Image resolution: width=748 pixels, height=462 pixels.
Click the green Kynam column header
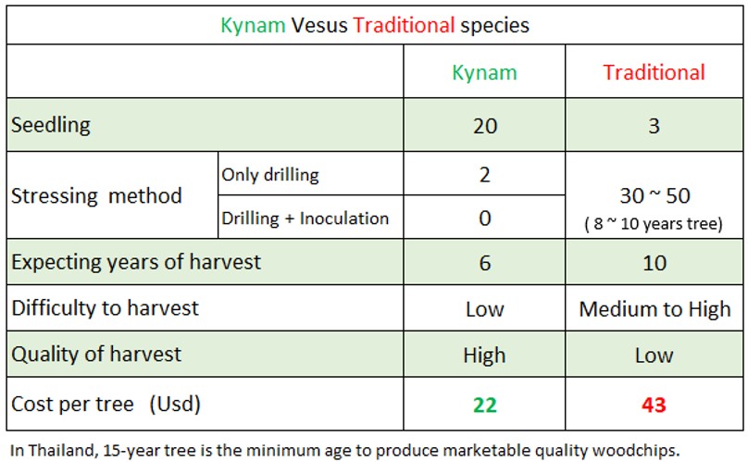click(484, 72)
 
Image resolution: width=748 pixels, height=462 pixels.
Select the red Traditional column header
click(654, 72)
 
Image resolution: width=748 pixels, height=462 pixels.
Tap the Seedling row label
click(51, 125)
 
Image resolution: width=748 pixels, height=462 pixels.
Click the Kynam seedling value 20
click(484, 126)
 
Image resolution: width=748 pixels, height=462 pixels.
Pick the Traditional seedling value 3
click(654, 126)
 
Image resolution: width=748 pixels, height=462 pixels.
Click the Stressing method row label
click(96, 196)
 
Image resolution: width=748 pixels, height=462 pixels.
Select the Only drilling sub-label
click(269, 175)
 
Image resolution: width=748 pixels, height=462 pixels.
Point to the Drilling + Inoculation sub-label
click(305, 219)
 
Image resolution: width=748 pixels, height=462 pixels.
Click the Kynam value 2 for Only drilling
click(484, 175)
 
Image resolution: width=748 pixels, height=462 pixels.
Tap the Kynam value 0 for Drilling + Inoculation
click(484, 219)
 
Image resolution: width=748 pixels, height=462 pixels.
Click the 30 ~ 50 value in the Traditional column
click(654, 196)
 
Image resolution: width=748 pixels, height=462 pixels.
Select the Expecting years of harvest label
click(136, 262)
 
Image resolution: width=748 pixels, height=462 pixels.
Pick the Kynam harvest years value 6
click(484, 263)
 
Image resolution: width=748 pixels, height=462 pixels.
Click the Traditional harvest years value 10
click(654, 263)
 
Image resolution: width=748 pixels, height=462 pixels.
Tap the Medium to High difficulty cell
click(654, 308)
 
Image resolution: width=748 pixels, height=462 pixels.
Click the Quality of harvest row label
click(96, 354)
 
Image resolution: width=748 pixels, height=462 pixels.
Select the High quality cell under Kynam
click(484, 355)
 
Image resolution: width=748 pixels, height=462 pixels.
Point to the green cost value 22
click(484, 405)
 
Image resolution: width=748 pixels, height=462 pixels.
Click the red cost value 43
click(654, 405)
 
